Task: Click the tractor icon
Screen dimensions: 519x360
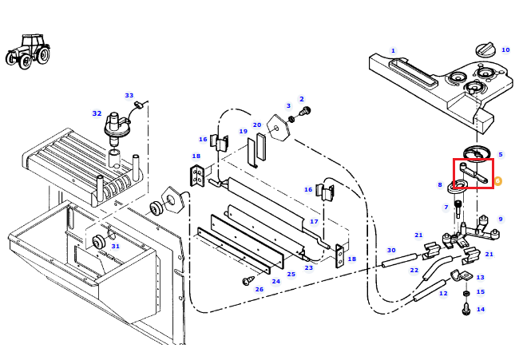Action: pyautogui.click(x=28, y=51)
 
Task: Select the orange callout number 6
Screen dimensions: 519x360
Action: pyautogui.click(x=497, y=181)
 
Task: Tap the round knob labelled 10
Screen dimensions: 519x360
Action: pyautogui.click(x=485, y=49)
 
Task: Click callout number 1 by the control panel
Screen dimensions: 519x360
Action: pyautogui.click(x=393, y=50)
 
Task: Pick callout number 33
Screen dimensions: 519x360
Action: pyautogui.click(x=129, y=95)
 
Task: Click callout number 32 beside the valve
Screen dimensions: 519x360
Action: pyautogui.click(x=97, y=113)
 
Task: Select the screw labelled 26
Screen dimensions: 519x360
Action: pyautogui.click(x=248, y=281)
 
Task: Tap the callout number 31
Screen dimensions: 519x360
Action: pyautogui.click(x=115, y=246)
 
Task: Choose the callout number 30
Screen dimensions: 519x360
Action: pyautogui.click(x=391, y=250)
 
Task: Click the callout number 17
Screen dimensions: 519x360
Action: pyautogui.click(x=314, y=221)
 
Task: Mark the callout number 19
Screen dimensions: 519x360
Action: pyautogui.click(x=244, y=131)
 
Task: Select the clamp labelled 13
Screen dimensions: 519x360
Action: pyautogui.click(x=461, y=275)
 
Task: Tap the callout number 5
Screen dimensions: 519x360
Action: pyautogui.click(x=501, y=154)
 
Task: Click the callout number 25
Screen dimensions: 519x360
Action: pyautogui.click(x=291, y=274)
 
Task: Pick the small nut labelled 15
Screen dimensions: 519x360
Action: pyautogui.click(x=466, y=294)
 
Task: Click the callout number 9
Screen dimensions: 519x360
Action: pyautogui.click(x=501, y=219)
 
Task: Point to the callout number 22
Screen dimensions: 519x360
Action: pyautogui.click(x=414, y=270)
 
